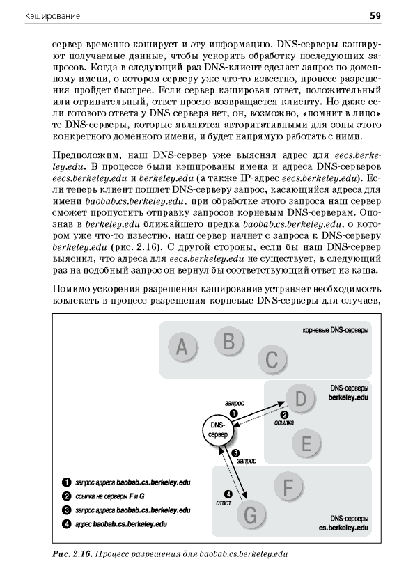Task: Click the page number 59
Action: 375,16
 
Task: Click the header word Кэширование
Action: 52,16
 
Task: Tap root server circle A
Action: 182,347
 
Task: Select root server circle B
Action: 228,341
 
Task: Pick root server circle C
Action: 272,359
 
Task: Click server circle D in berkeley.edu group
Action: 300,399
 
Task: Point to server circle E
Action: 306,443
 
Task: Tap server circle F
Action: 288,487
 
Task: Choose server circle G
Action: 250,516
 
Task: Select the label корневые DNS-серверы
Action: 335,330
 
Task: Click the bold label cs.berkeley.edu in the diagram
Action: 343,528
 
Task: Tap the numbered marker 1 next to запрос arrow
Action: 233,413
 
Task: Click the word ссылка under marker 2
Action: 284,423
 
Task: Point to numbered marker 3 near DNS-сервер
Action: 236,452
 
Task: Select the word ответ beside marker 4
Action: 224,503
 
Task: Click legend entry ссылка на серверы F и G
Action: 109,496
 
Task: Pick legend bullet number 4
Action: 66,524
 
